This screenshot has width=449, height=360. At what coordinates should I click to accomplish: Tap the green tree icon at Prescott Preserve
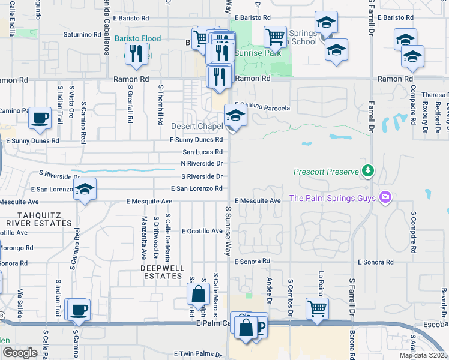point(367,172)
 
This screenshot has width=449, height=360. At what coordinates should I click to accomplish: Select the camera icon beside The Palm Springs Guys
point(385,197)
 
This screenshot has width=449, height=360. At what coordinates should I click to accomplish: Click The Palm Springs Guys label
point(332,198)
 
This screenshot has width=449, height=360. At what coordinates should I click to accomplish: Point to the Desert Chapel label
point(196,127)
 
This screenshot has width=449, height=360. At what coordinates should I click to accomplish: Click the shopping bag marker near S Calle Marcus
point(198,294)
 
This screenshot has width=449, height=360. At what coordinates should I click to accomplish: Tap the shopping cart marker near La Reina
point(316,308)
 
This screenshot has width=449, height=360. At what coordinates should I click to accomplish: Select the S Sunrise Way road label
point(228,231)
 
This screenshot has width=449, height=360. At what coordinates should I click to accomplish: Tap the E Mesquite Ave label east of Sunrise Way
point(258,200)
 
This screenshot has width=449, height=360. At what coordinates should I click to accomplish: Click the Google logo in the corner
point(20,352)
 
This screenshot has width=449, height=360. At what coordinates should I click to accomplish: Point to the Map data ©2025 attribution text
point(423,355)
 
